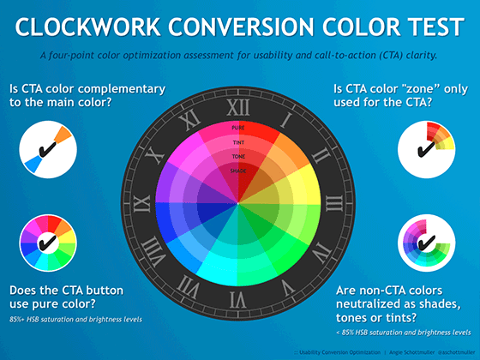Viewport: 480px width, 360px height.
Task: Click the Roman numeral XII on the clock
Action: click(x=240, y=108)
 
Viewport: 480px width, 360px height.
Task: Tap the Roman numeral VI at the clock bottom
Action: click(x=240, y=299)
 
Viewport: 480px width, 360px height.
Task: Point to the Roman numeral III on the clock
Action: click(x=336, y=203)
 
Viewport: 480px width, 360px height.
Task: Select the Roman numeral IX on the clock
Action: click(x=145, y=203)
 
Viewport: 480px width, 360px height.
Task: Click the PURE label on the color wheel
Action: click(x=239, y=127)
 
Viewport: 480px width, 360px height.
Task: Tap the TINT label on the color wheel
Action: click(x=239, y=142)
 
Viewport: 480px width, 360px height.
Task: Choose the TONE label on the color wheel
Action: click(x=239, y=157)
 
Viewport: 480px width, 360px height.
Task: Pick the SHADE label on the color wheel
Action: click(x=239, y=171)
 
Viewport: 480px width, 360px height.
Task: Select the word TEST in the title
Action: click(x=427, y=27)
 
